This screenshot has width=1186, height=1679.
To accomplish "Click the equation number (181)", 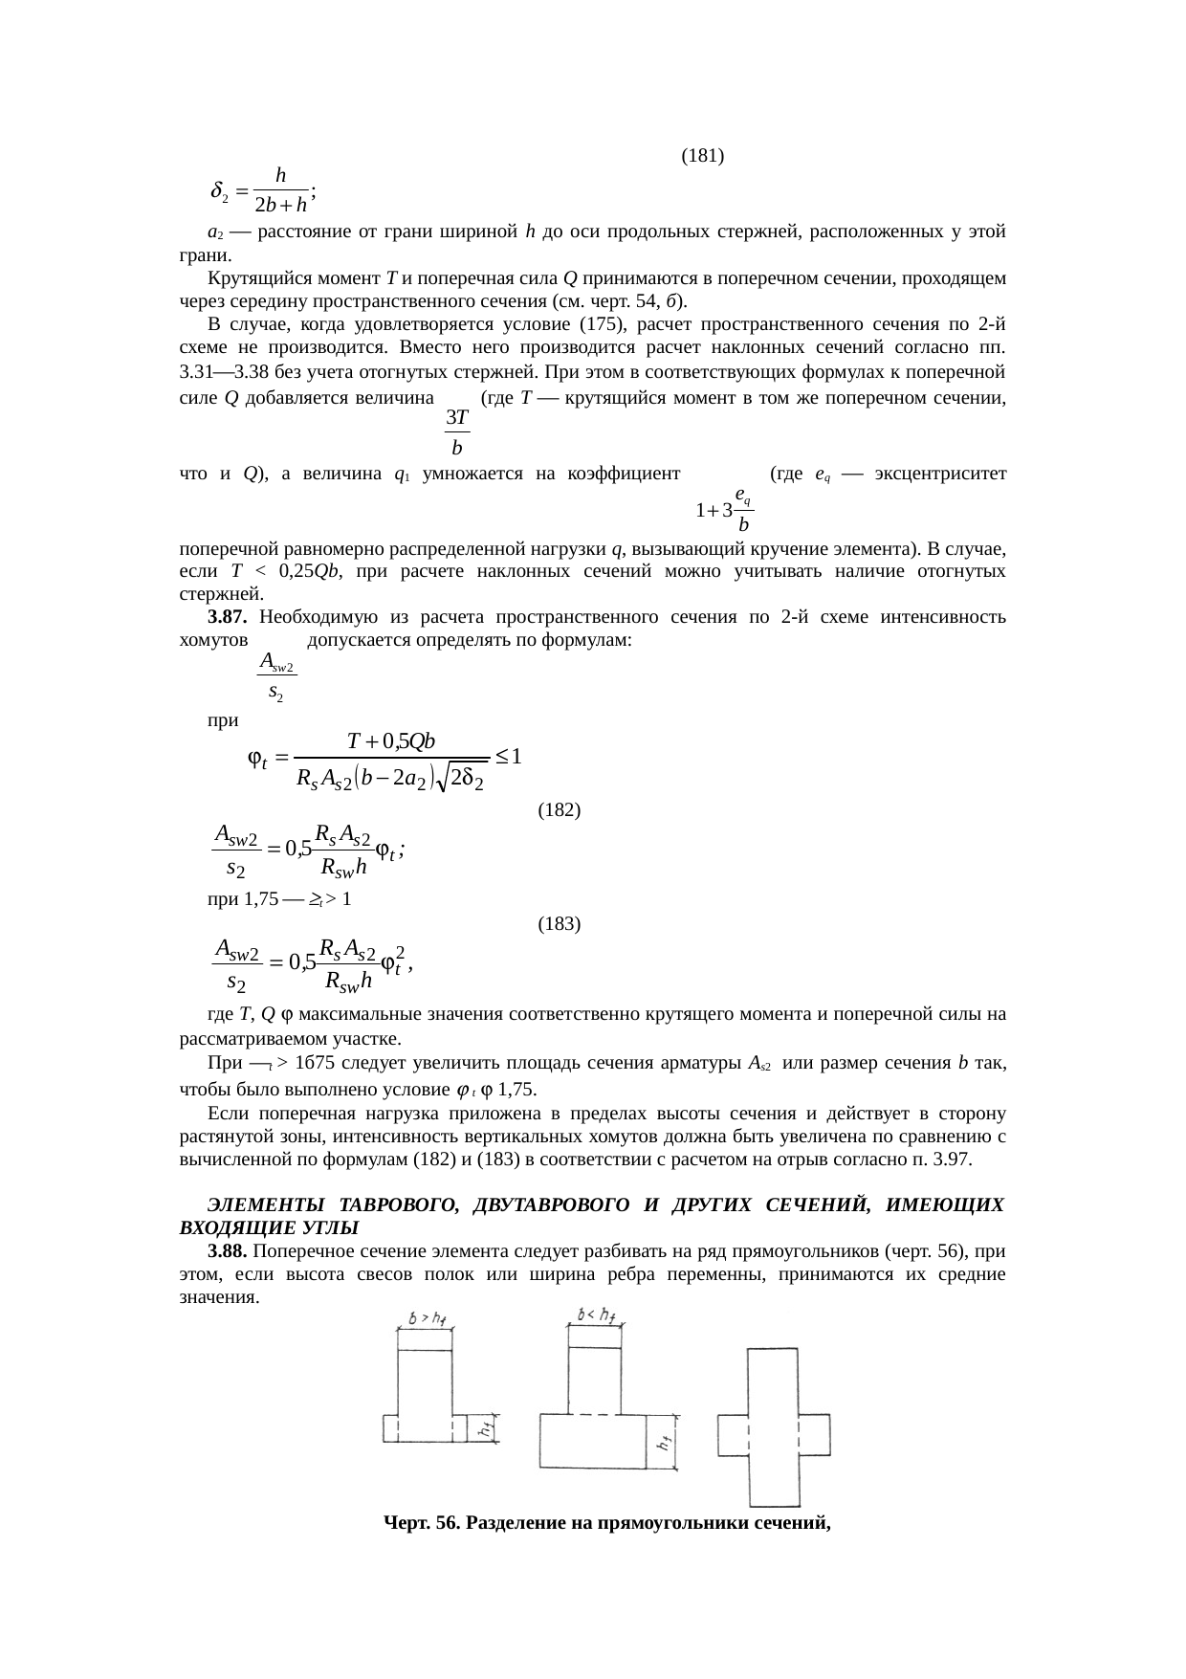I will (701, 155).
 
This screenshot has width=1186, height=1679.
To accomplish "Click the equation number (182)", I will (560, 810).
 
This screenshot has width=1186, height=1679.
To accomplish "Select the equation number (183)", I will (560, 924).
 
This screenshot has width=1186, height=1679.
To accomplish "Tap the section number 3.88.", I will (229, 1251).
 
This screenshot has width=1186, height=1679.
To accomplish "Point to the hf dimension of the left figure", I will (487, 1429).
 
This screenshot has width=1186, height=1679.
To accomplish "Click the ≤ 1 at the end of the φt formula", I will (508, 759).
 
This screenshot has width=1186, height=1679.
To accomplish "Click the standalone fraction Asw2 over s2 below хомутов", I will (276, 674).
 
